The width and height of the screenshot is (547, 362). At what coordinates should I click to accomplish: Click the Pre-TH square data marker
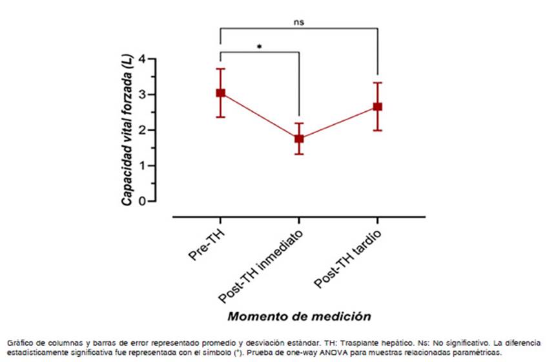(221, 93)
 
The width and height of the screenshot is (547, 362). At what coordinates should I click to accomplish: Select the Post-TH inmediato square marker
(299, 138)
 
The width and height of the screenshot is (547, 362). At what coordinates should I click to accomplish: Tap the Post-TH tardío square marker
(377, 107)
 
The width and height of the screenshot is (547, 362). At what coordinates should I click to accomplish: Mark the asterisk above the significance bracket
(259, 47)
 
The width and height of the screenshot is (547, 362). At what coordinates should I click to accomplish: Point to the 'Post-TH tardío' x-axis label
(347, 258)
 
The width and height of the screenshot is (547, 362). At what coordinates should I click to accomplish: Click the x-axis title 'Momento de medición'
(299, 317)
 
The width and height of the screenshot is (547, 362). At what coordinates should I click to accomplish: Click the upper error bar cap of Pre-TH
(221, 69)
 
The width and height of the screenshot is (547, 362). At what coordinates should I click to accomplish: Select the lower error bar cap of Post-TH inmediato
(299, 154)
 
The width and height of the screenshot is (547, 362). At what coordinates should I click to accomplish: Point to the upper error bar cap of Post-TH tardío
(377, 83)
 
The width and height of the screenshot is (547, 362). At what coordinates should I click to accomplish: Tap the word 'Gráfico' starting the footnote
(19, 343)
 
